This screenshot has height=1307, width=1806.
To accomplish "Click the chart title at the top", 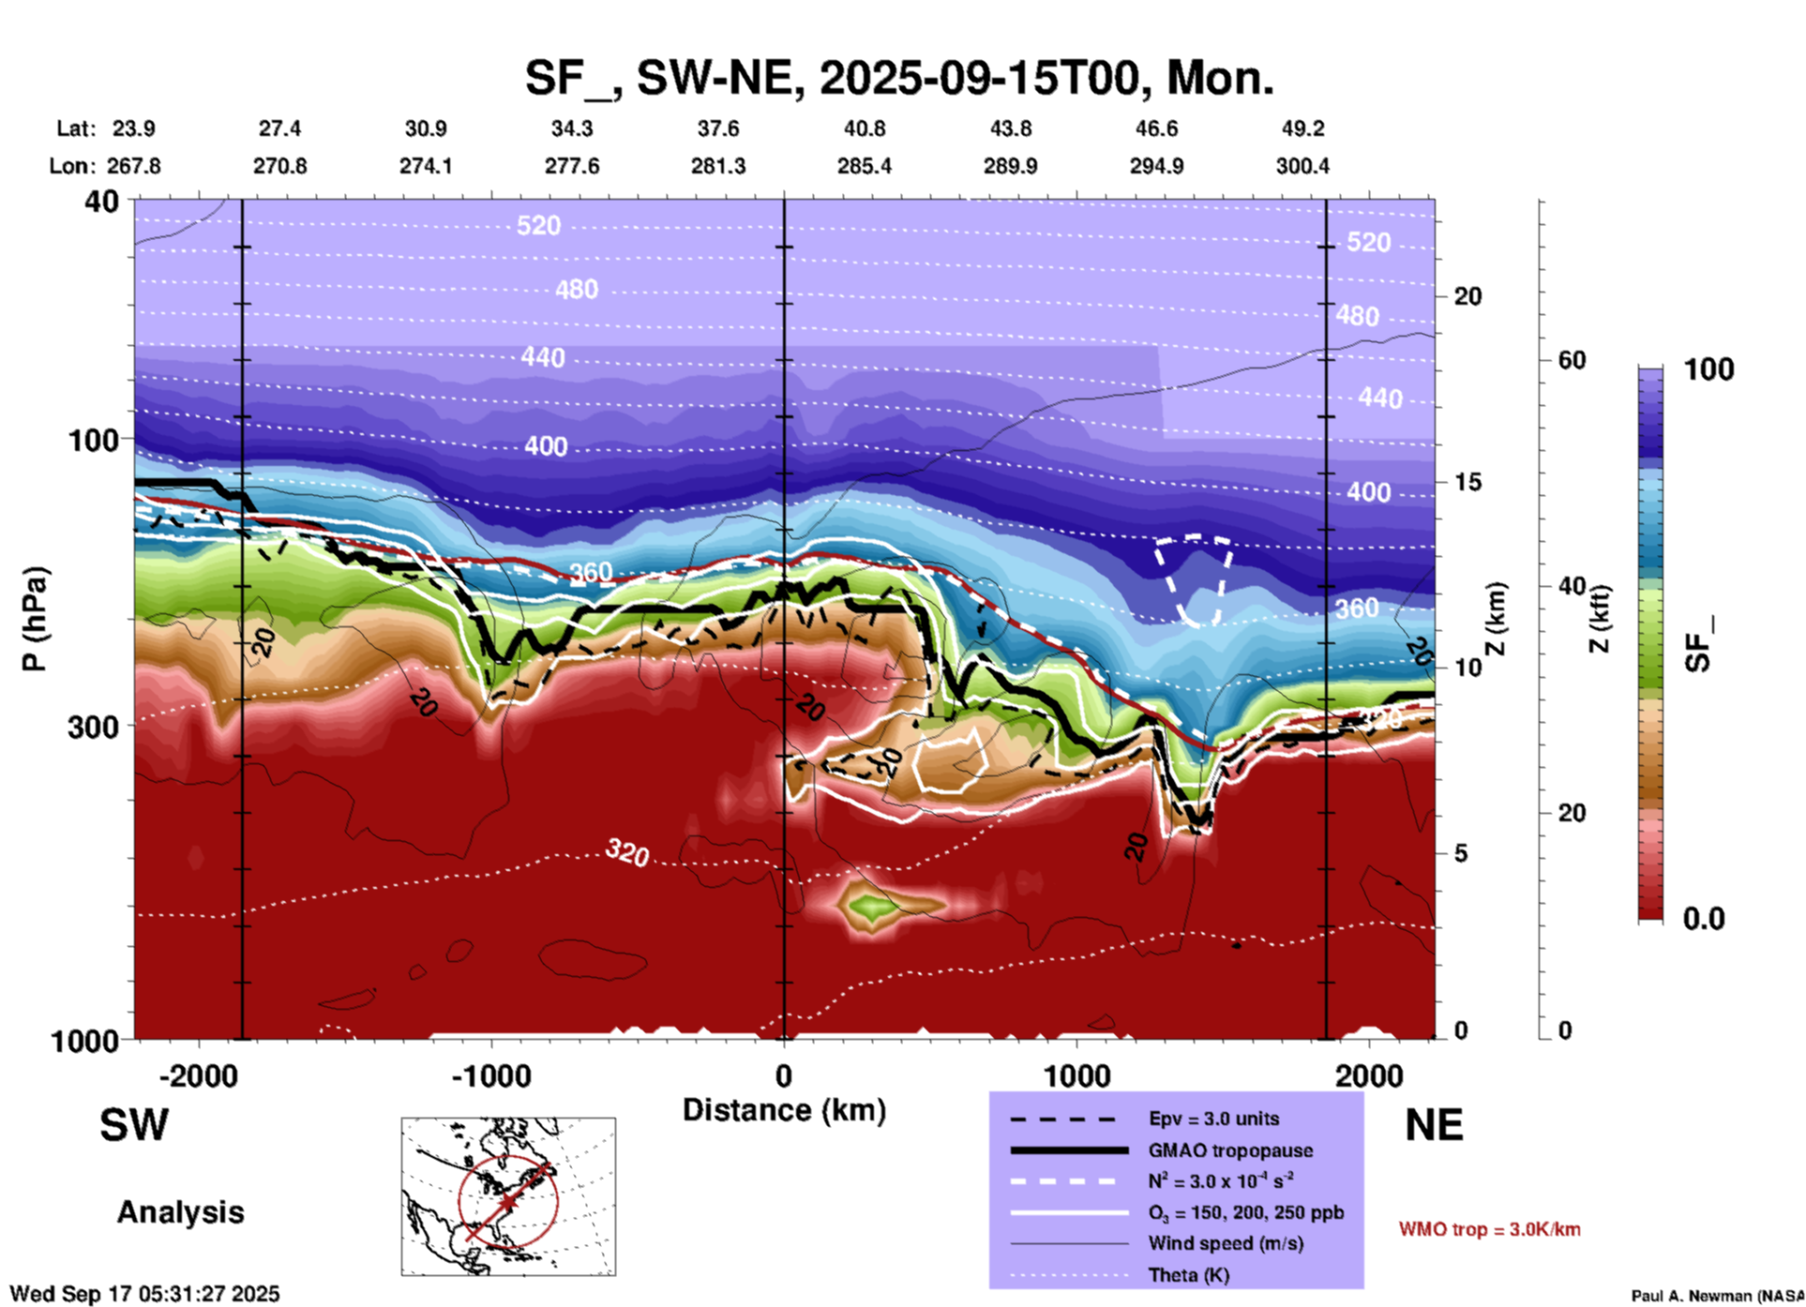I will [x=898, y=78].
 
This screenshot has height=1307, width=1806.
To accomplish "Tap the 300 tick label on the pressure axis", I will [x=93, y=727].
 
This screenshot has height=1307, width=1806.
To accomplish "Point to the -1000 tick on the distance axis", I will [x=491, y=1075].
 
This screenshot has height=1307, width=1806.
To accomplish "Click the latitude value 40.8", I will [x=864, y=128].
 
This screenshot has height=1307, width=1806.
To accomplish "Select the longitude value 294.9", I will [x=1155, y=166].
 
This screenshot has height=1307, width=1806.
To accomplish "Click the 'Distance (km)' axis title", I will [x=784, y=1110].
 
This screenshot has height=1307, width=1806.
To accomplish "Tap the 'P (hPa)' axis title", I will [x=35, y=618].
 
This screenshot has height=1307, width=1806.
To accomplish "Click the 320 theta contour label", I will [x=627, y=852].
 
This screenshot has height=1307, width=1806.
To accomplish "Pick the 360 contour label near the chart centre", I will [x=591, y=572].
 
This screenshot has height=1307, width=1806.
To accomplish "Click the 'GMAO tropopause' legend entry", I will [x=1230, y=1150].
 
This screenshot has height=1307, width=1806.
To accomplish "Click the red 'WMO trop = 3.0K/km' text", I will [x=1489, y=1229].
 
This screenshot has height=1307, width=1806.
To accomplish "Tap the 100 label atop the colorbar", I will [x=1708, y=369].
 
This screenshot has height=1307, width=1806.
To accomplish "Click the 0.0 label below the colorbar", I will [x=1704, y=918].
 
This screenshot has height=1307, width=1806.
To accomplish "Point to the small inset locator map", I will [x=508, y=1195].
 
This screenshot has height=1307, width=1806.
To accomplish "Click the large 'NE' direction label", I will [x=1433, y=1125].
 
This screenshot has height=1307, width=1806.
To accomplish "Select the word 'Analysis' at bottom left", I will [x=180, y=1212].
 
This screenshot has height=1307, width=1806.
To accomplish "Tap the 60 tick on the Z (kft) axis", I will [x=1572, y=360].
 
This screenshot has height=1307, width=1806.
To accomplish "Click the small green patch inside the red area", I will [x=870, y=907].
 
